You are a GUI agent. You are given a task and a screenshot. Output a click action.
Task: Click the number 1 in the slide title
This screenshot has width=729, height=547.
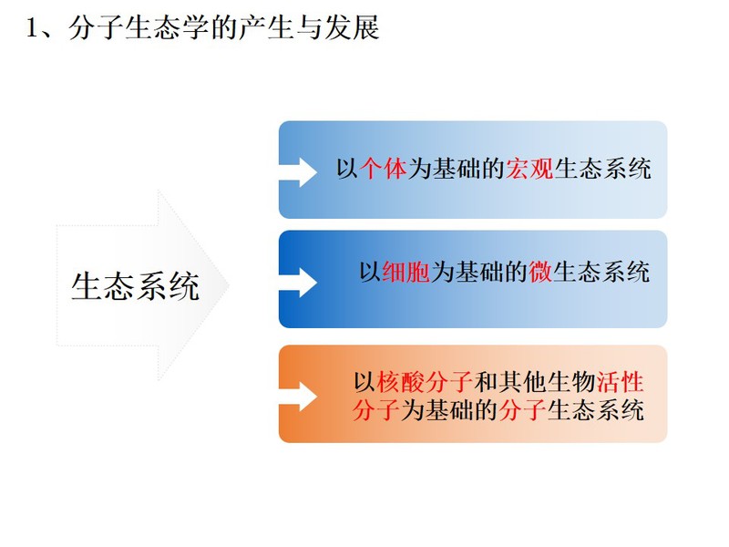point(32,28)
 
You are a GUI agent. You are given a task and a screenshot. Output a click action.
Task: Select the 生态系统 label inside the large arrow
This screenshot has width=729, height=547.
point(135,286)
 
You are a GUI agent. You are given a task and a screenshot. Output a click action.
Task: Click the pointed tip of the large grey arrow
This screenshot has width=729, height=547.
point(229,285)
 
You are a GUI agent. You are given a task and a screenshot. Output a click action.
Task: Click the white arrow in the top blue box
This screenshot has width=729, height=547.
point(298,172)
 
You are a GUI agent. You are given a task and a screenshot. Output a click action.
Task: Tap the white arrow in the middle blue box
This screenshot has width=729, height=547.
point(298,283)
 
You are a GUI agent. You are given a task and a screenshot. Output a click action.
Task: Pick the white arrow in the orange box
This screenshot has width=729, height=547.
point(298,397)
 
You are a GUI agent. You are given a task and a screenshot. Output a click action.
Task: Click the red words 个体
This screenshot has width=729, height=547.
point(384,169)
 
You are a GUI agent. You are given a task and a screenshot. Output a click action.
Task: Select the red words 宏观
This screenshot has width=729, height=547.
point(529,169)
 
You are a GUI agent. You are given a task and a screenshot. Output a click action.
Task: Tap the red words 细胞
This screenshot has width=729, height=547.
point(406,272)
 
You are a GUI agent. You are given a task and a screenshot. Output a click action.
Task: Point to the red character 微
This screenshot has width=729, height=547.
point(540,272)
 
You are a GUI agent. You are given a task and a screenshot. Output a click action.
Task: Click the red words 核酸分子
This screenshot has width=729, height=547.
point(425,382)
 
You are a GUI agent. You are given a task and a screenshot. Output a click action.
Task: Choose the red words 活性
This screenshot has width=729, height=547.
point(621,382)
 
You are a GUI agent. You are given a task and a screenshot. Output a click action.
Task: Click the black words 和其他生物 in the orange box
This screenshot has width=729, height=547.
point(535,382)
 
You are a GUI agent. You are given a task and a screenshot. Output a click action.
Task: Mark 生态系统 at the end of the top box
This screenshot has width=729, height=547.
point(602,169)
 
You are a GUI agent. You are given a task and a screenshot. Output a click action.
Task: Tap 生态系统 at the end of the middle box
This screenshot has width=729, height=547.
point(601,272)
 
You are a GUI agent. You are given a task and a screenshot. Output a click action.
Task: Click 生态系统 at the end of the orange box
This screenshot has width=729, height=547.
point(596,410)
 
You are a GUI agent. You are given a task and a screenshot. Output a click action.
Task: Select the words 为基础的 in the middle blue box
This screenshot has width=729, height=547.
point(479,272)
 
